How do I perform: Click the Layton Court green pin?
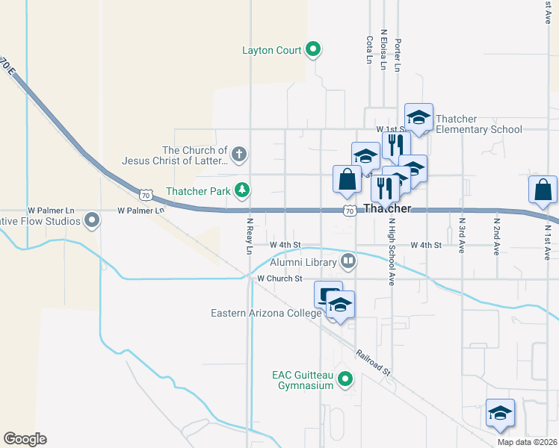(x=314, y=50)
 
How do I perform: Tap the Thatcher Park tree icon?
(x=241, y=190)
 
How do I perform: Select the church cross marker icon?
(x=238, y=155)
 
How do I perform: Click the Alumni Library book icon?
(x=348, y=261)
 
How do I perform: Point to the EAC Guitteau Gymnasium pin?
(x=345, y=379)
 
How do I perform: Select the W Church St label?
(x=279, y=279)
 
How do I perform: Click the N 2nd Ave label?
(x=496, y=236)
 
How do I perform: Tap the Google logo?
(x=25, y=439)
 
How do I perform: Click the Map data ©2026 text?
(x=528, y=442)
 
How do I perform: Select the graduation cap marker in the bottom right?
(x=500, y=413)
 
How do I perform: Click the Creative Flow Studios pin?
(x=92, y=220)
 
